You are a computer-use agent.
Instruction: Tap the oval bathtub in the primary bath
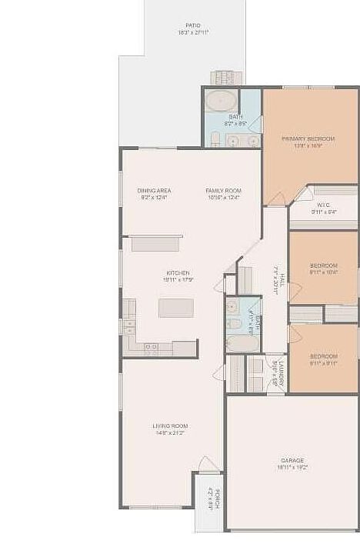point(222,100)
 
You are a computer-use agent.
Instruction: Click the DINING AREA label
point(154,190)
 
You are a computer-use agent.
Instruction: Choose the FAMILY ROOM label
point(223,190)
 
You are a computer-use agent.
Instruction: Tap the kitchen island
point(176,308)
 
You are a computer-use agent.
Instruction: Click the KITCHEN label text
point(178,273)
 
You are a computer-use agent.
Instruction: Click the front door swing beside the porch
point(208,465)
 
